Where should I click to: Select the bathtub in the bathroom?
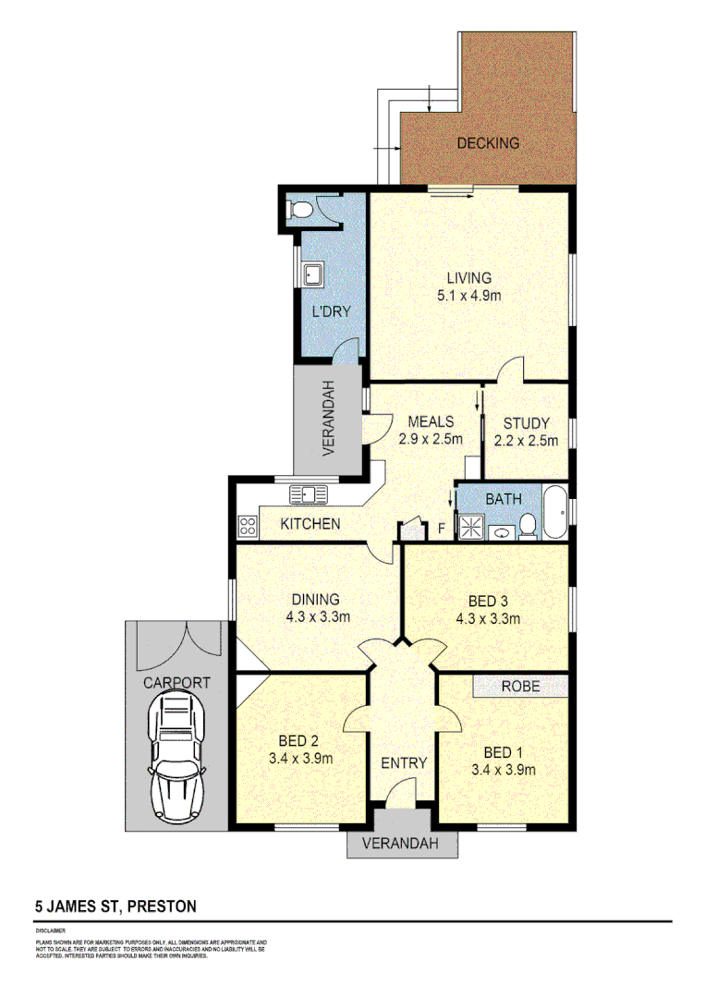point(554,512)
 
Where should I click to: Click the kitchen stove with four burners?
point(248,527)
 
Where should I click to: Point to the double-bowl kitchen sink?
point(309,494)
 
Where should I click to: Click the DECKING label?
point(488,143)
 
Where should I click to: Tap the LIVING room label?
point(468,277)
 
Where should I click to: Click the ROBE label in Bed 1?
point(520,687)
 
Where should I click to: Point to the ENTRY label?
point(404,763)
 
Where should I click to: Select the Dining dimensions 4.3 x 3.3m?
point(314,618)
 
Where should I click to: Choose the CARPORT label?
point(176,684)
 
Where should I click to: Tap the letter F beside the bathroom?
point(442,528)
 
